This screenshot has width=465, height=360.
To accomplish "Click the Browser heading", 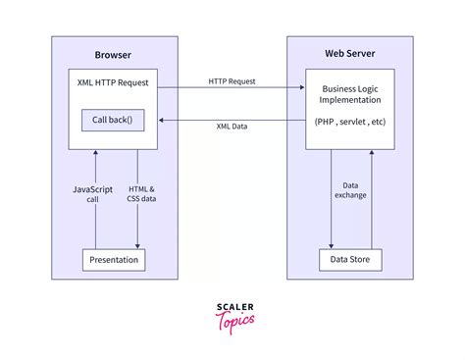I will tap(114, 55).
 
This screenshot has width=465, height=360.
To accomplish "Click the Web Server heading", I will tap(349, 55).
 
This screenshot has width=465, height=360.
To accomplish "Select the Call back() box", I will tap(114, 122).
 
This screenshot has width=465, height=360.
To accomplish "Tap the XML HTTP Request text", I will tap(114, 82).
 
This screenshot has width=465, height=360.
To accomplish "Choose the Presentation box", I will tap(114, 260).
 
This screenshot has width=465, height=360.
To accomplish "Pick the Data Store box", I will tap(350, 260).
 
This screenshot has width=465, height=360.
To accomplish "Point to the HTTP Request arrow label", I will tap(232, 80).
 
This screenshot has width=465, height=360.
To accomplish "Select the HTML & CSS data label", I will tap(142, 193).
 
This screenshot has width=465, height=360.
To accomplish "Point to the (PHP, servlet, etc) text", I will tap(350, 123).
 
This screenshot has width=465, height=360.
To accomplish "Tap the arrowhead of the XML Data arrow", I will tap(164, 119).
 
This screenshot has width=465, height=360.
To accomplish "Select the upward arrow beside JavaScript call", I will tap(95, 196).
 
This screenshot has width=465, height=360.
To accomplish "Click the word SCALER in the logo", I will tap(232, 307).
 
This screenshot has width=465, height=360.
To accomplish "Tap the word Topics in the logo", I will tap(234, 320).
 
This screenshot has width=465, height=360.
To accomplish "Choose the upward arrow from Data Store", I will tap(371, 196).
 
